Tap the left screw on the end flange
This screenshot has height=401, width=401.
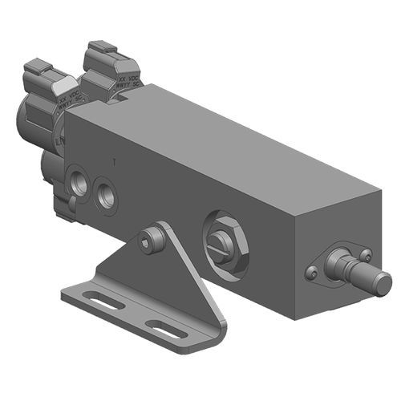pos(312,273)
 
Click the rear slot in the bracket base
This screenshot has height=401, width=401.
pos(106,302)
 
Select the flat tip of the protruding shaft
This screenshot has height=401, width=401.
pos(383,283)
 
